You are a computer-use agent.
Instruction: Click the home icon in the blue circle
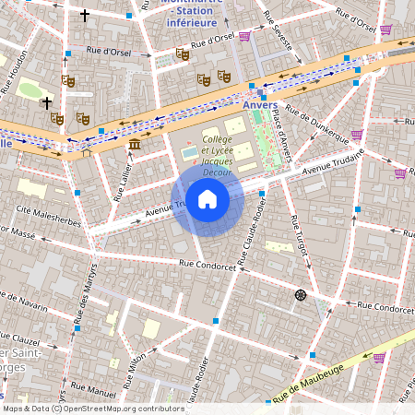207,199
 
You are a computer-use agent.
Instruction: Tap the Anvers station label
260,105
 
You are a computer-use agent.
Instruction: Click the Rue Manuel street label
93,394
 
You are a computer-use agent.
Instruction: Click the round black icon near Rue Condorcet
300,294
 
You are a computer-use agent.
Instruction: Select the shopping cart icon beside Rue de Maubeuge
378,358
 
